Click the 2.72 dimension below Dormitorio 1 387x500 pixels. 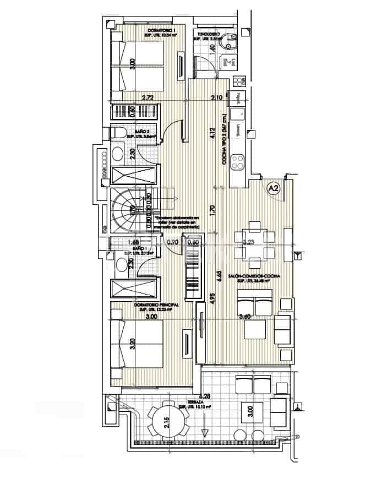147,97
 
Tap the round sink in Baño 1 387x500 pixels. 121,265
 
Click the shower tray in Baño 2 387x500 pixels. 135,176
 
